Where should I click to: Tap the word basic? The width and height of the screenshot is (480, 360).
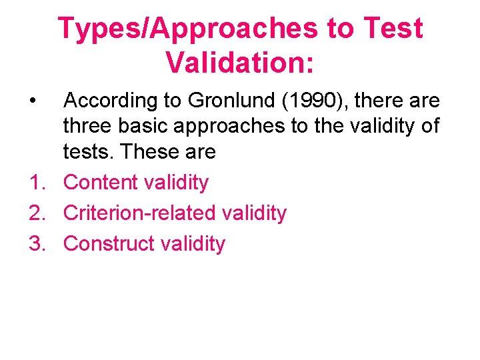(141, 127)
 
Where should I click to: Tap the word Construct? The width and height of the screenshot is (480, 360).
(109, 244)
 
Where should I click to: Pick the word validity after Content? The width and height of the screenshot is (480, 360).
(177, 182)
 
